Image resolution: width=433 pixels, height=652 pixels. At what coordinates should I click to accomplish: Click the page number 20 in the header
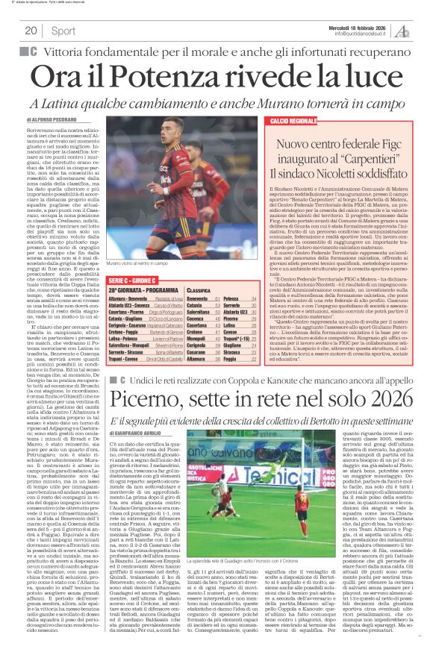click(x=31, y=31)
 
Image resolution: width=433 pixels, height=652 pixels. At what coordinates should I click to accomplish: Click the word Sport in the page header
click(x=63, y=31)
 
